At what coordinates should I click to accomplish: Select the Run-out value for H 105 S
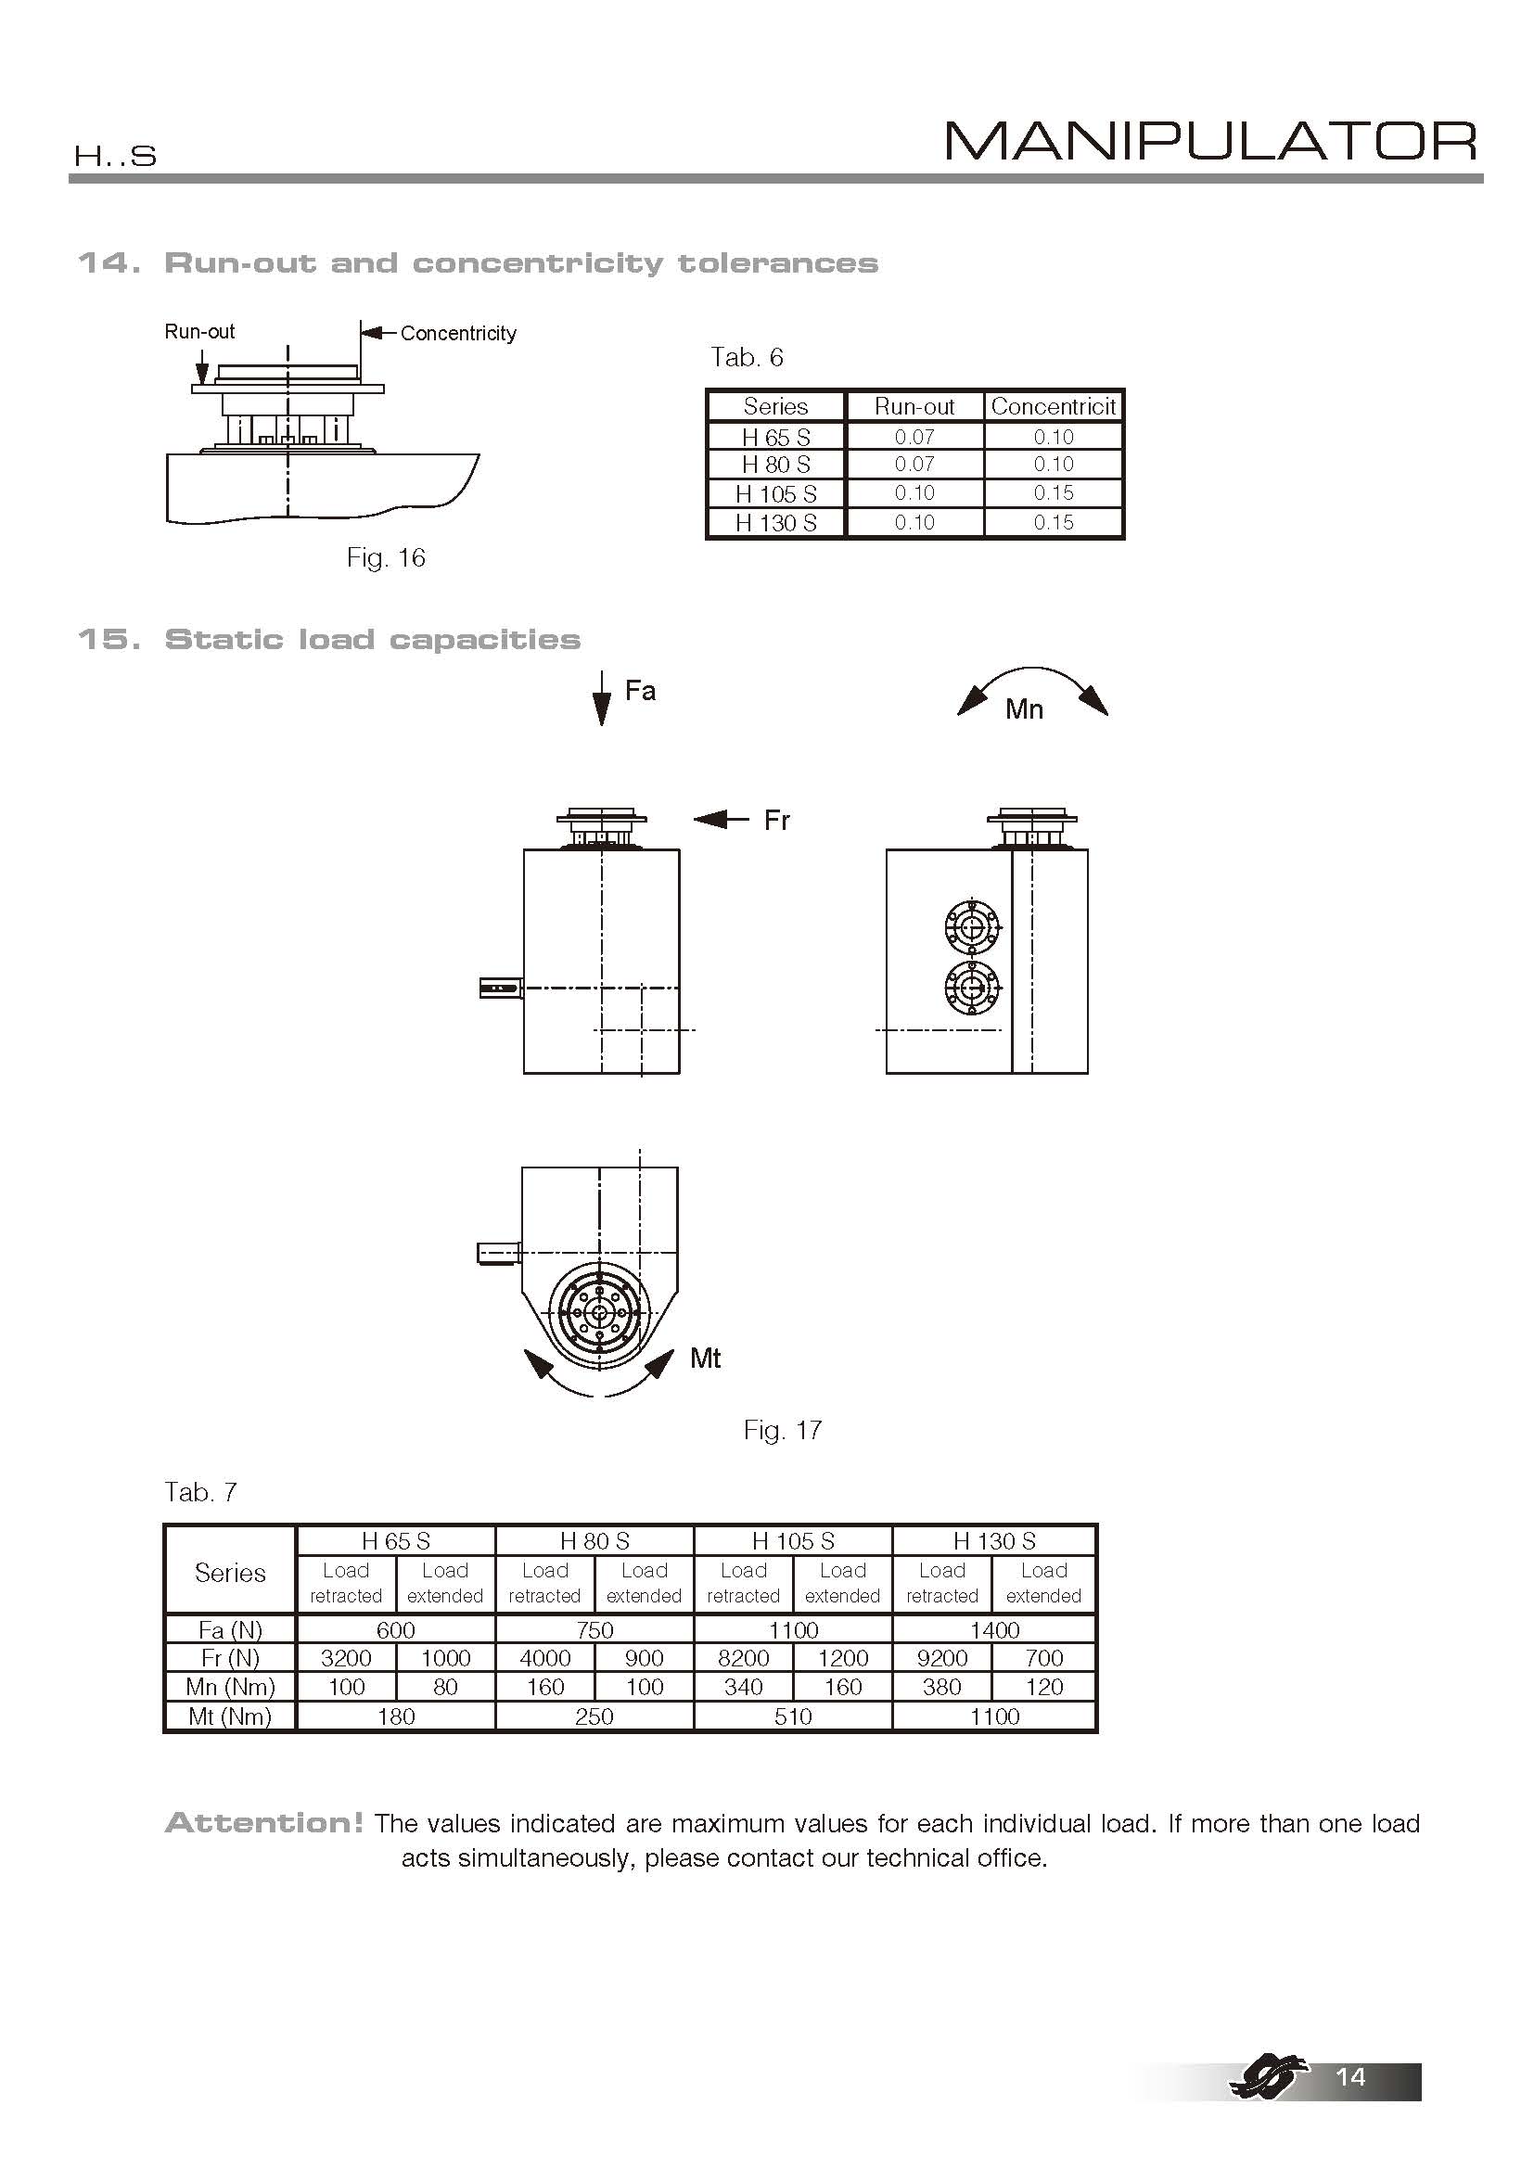point(914,493)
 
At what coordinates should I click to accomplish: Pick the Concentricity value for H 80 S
point(1054,465)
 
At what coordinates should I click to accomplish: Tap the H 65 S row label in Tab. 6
point(775,438)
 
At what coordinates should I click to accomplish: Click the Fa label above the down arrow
point(641,692)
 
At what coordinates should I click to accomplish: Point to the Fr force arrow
point(722,819)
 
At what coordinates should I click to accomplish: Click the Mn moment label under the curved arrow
point(1024,709)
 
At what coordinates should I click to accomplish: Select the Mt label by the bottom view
point(706,1359)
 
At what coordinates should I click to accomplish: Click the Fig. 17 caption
point(782,1430)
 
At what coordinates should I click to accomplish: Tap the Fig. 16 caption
point(386,558)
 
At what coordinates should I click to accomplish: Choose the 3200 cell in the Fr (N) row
point(346,1658)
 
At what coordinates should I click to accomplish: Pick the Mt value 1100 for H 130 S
point(994,1716)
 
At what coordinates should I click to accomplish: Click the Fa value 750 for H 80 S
point(594,1629)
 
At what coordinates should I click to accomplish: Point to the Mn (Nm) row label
point(231,1687)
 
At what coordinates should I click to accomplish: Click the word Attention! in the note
point(263,1823)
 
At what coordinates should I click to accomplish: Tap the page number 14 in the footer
point(1349,2076)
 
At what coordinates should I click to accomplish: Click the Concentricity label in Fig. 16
point(458,334)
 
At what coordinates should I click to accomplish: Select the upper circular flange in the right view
point(971,928)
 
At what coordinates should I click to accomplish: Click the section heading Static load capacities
point(372,640)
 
